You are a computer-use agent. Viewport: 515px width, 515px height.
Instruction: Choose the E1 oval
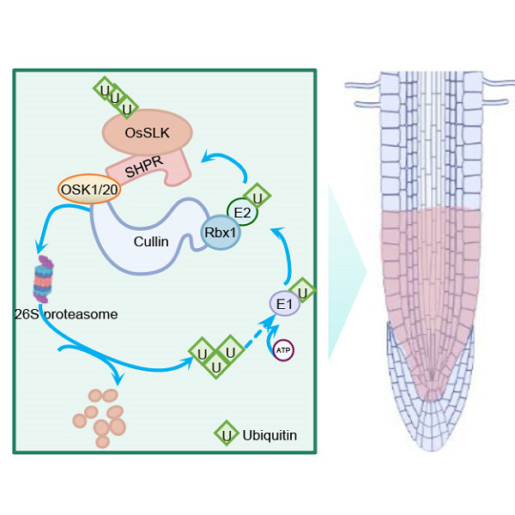coord(284,303)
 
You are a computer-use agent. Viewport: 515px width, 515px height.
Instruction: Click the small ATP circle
coord(282,350)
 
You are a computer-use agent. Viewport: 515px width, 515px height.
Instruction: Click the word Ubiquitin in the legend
coord(270,435)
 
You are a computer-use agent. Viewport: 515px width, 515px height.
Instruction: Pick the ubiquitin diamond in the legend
coord(226,434)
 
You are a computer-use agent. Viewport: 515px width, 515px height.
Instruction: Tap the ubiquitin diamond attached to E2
coord(257,197)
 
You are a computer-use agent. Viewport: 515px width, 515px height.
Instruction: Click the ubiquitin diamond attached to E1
coord(302,289)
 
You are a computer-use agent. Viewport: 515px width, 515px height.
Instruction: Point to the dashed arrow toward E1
coord(255,336)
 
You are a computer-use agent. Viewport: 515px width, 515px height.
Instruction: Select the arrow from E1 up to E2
coord(286,253)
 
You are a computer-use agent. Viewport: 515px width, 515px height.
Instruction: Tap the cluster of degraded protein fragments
coord(101,415)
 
